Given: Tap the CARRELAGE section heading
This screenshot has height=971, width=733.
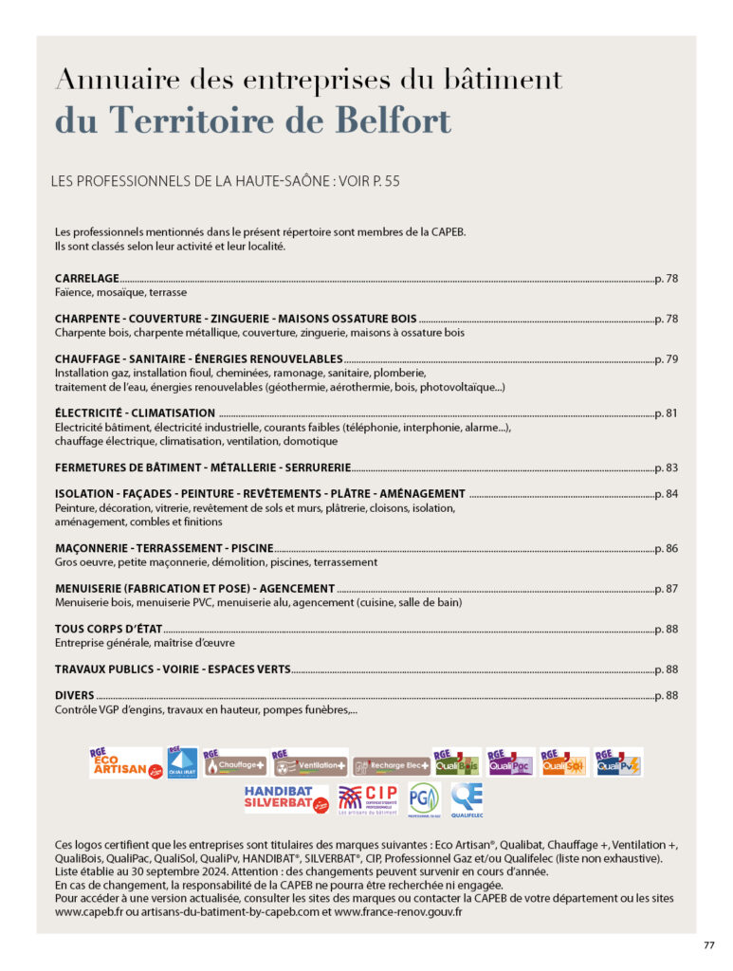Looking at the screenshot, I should [87, 279].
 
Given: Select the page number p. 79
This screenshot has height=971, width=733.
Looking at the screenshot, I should [666, 359].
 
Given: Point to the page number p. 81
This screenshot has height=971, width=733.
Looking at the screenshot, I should [666, 413].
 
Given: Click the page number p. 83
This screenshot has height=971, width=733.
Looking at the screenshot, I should [666, 467].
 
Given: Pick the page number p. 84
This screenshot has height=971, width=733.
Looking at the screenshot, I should [666, 494].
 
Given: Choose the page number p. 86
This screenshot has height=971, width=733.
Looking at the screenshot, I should [666, 548].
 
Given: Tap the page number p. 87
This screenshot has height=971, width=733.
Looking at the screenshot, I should [666, 589].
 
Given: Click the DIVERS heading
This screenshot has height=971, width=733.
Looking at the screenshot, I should [75, 696].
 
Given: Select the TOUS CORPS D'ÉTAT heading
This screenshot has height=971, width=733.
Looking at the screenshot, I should [109, 629].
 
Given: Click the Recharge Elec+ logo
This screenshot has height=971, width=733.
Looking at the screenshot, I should [391, 764].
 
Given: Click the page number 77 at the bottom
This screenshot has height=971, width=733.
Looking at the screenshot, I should [708, 944].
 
